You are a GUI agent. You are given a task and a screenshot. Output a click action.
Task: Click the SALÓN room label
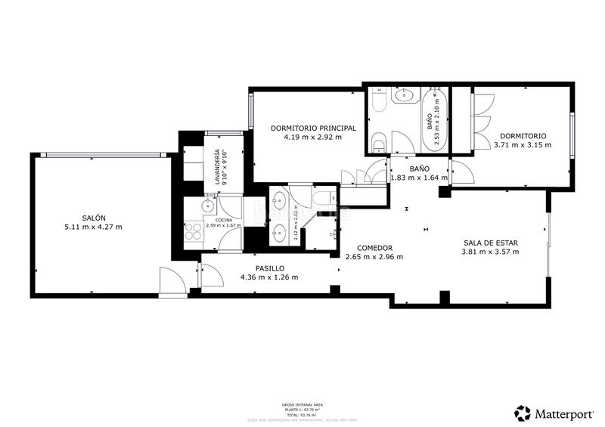click(x=94, y=218)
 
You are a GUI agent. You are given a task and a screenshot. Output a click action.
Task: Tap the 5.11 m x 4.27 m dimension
click(x=94, y=227)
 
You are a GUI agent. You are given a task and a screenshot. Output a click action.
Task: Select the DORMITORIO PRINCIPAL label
click(x=313, y=128)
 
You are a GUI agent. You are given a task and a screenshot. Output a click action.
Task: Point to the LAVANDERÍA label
click(x=216, y=169)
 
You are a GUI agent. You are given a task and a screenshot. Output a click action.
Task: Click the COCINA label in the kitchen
click(x=213, y=218)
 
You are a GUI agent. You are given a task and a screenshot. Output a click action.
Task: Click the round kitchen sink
click(x=206, y=206)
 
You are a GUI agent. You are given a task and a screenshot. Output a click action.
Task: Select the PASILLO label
click(x=268, y=268)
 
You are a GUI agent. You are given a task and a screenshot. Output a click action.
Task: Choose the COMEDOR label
click(x=374, y=247)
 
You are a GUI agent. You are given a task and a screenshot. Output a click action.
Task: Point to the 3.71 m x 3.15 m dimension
click(x=522, y=145)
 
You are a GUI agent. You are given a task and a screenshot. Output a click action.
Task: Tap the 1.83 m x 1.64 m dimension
click(x=419, y=178)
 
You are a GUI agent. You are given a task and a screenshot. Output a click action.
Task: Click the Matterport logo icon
click(x=522, y=413)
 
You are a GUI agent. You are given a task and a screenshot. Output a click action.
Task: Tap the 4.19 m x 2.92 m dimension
click(x=313, y=138)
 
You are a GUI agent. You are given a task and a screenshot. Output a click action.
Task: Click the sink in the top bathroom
click(x=405, y=95)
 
